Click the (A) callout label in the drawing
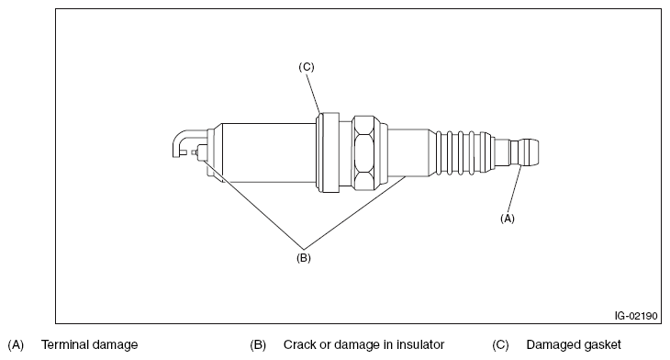[x=508, y=219]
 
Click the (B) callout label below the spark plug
[x=304, y=258]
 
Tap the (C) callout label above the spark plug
[x=306, y=67]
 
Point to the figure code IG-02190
[x=636, y=316]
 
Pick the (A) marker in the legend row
[x=16, y=344]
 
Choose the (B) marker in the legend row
[x=258, y=344]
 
